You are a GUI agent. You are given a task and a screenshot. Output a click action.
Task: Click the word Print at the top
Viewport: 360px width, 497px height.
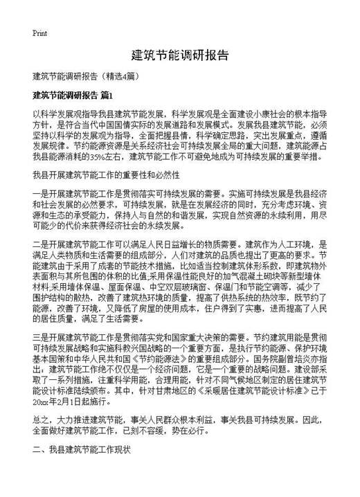[39, 33]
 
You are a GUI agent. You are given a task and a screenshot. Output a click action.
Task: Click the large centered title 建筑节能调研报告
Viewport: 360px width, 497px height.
[180, 55]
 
